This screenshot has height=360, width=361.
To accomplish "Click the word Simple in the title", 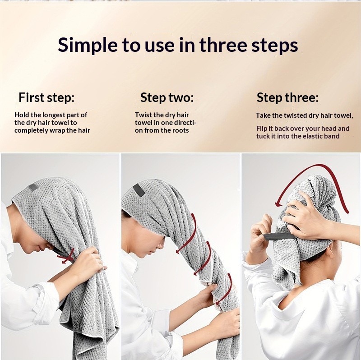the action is pyautogui.click(x=88, y=45).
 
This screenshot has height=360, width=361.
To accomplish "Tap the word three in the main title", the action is pyautogui.click(x=223, y=45).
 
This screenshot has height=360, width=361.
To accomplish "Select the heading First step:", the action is pyautogui.click(x=46, y=97).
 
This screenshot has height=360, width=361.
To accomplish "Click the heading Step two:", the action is pyautogui.click(x=167, y=97).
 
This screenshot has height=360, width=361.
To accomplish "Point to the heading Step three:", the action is pyautogui.click(x=287, y=97).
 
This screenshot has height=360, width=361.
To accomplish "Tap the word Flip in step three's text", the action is pyautogui.click(x=261, y=129).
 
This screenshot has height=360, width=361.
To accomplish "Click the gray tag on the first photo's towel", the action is pyautogui.click(x=33, y=187).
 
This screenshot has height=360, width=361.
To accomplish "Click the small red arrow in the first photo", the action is pyautogui.click(x=66, y=256).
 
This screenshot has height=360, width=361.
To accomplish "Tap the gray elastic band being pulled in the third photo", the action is pyautogui.click(x=279, y=236).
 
